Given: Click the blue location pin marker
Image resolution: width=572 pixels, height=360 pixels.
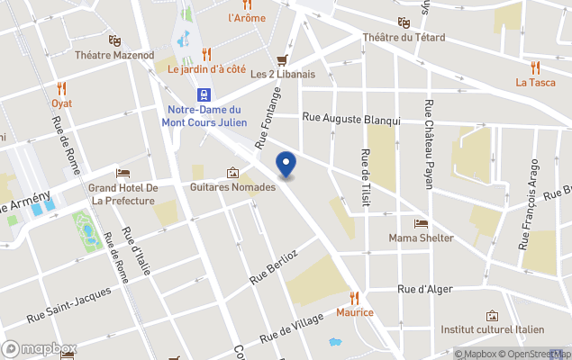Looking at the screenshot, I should click(x=286, y=165).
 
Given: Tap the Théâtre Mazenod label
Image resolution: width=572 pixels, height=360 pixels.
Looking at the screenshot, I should click(x=114, y=55).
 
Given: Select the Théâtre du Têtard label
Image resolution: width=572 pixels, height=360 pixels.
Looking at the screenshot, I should click(x=404, y=37).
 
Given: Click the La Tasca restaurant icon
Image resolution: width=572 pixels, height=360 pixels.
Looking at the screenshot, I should click(x=535, y=67).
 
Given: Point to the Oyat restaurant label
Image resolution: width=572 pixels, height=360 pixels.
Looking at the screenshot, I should click(x=61, y=103).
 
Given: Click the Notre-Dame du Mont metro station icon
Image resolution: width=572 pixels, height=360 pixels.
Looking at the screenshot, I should click(x=205, y=94).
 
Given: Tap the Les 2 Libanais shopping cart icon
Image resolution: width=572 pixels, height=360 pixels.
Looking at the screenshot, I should click(x=282, y=59).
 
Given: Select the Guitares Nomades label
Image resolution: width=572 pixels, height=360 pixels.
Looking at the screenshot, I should click(x=232, y=187).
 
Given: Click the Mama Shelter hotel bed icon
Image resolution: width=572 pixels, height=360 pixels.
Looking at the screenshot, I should click(x=421, y=223).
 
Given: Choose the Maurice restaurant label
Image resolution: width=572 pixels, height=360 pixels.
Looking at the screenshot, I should click(x=354, y=312).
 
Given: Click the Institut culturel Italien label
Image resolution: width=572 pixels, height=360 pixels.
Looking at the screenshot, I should click(x=492, y=329).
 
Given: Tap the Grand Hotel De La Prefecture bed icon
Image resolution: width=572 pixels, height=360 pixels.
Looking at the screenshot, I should click(x=123, y=173).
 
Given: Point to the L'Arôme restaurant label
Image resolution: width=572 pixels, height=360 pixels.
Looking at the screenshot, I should click(x=246, y=17).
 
